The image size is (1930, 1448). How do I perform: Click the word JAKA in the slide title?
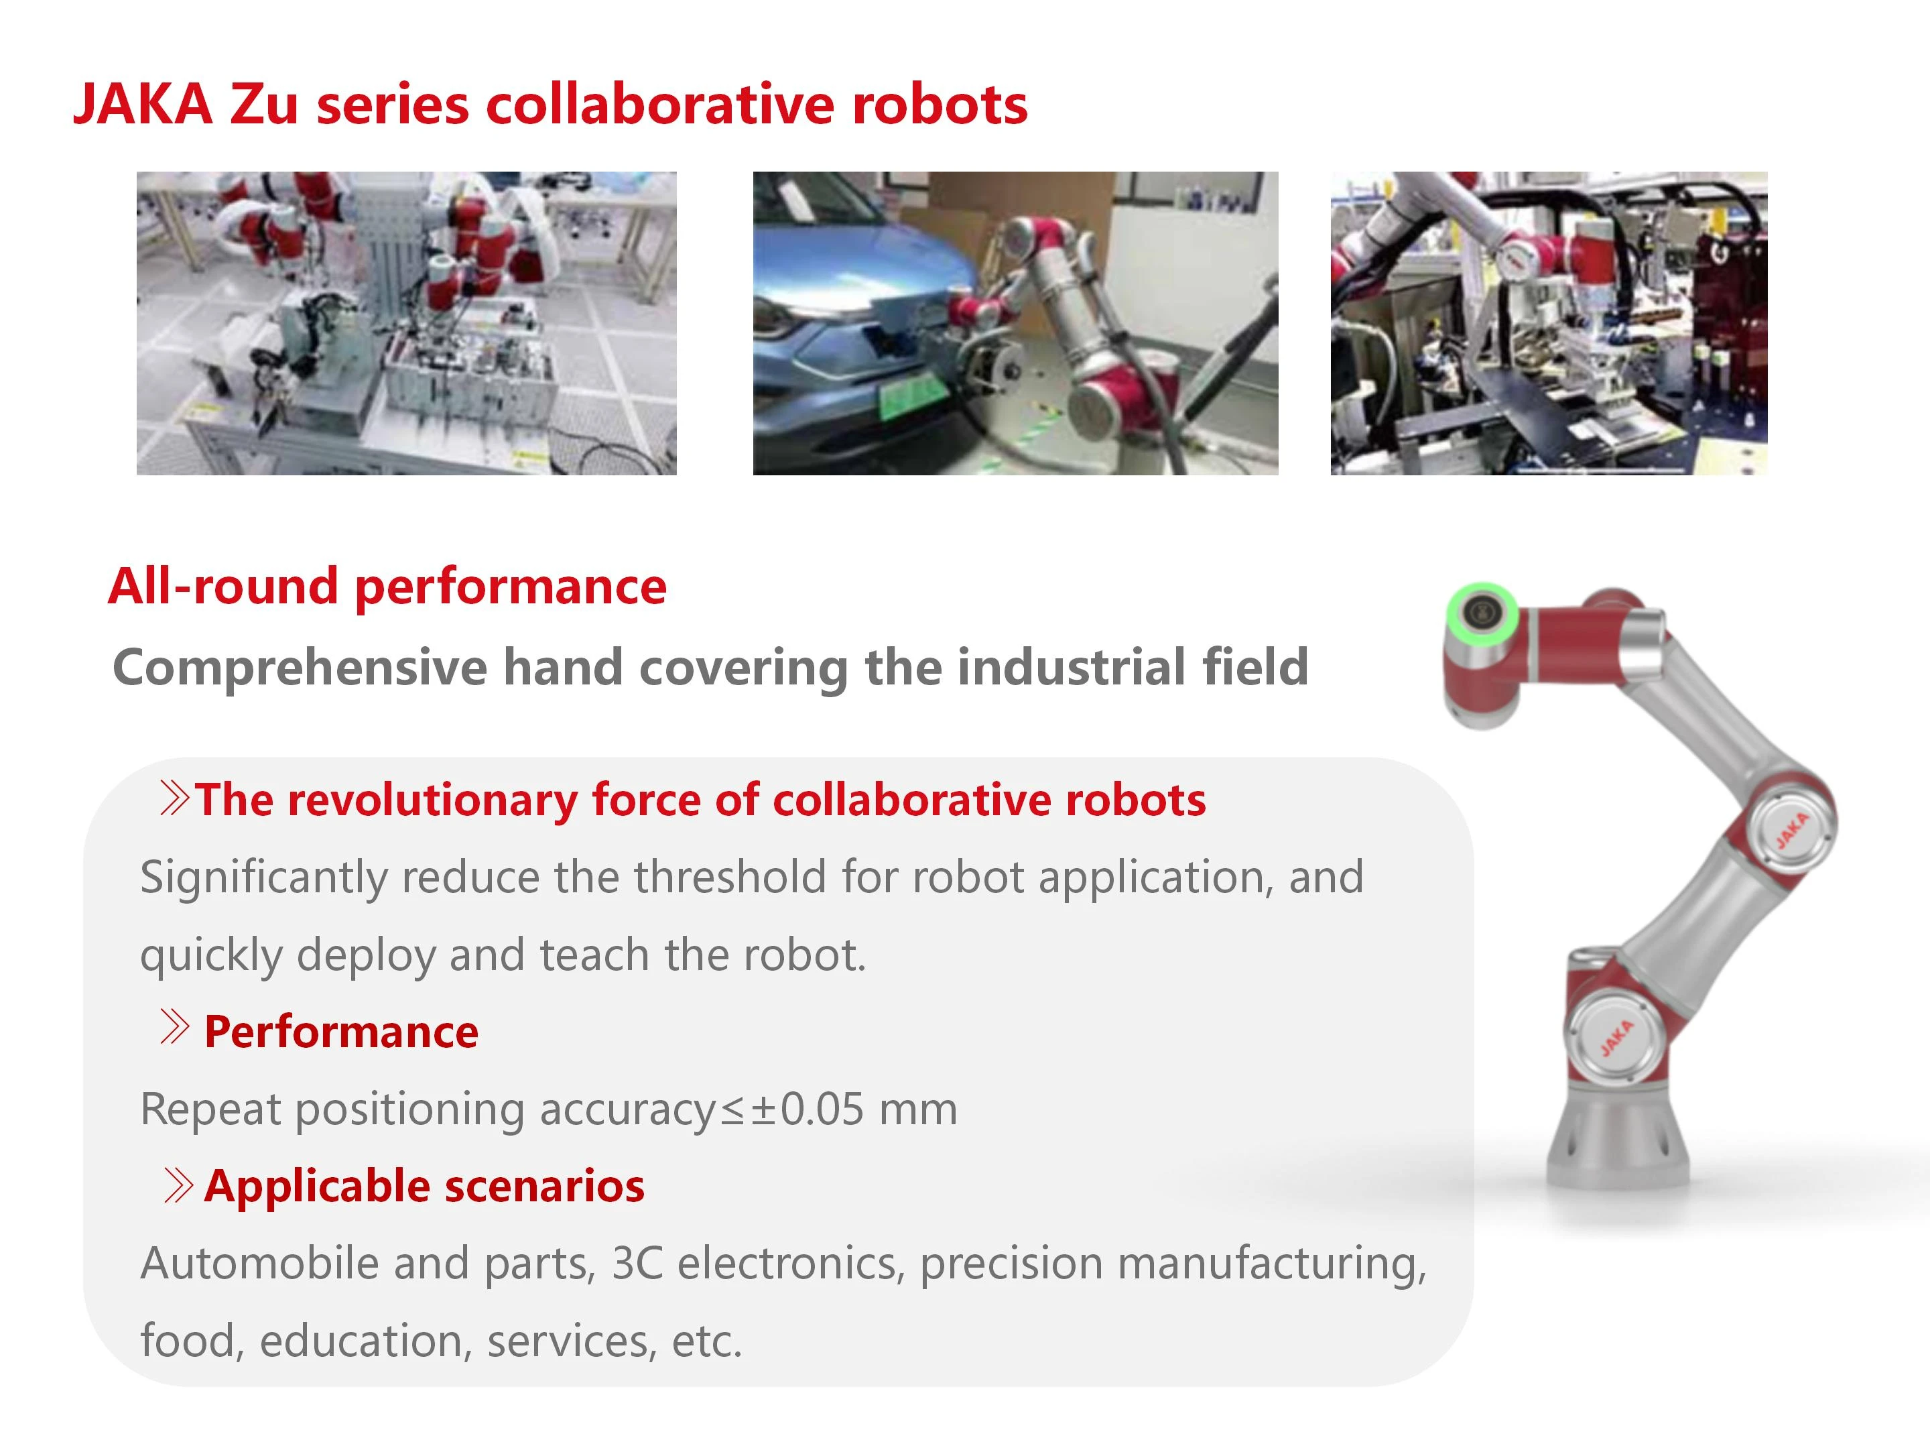pos(144,105)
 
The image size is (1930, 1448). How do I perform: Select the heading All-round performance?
pos(387,586)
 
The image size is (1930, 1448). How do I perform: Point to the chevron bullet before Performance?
pos(174,1026)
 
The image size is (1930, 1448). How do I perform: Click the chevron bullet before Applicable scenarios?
pos(177,1185)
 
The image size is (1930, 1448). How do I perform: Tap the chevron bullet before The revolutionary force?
pos(174,798)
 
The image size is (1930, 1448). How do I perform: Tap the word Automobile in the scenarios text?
pos(260,1263)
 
